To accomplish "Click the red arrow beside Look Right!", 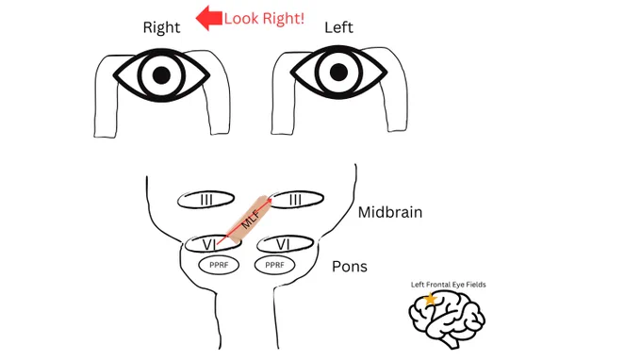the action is point(209,18).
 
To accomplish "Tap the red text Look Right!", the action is point(264,19).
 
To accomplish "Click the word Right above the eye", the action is point(161,27).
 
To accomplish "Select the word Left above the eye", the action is point(338,27).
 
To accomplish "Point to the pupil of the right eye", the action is point(161,75).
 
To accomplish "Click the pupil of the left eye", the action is point(338,73).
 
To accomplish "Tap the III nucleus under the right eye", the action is point(206,200).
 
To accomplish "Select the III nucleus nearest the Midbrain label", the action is point(296,200).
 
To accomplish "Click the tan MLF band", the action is point(248,221).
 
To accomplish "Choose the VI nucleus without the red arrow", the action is point(285,244).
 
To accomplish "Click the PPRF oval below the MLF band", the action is point(219,265).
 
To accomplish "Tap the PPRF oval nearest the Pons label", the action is point(274,265).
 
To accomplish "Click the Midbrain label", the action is point(390,212).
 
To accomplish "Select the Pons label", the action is point(350,267).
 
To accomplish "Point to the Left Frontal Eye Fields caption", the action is point(449,285).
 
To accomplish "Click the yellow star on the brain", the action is point(430,300).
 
